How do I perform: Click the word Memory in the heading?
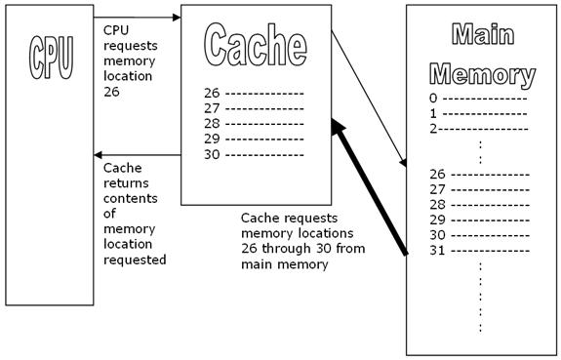point(484,74)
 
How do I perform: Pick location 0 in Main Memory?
point(433,99)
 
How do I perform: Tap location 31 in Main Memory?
point(437,250)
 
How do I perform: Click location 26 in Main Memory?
point(437,175)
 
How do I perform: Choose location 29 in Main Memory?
point(437,220)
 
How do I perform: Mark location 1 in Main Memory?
point(433,113)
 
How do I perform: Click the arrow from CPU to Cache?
point(137,17)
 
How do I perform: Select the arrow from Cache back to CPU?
point(137,155)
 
